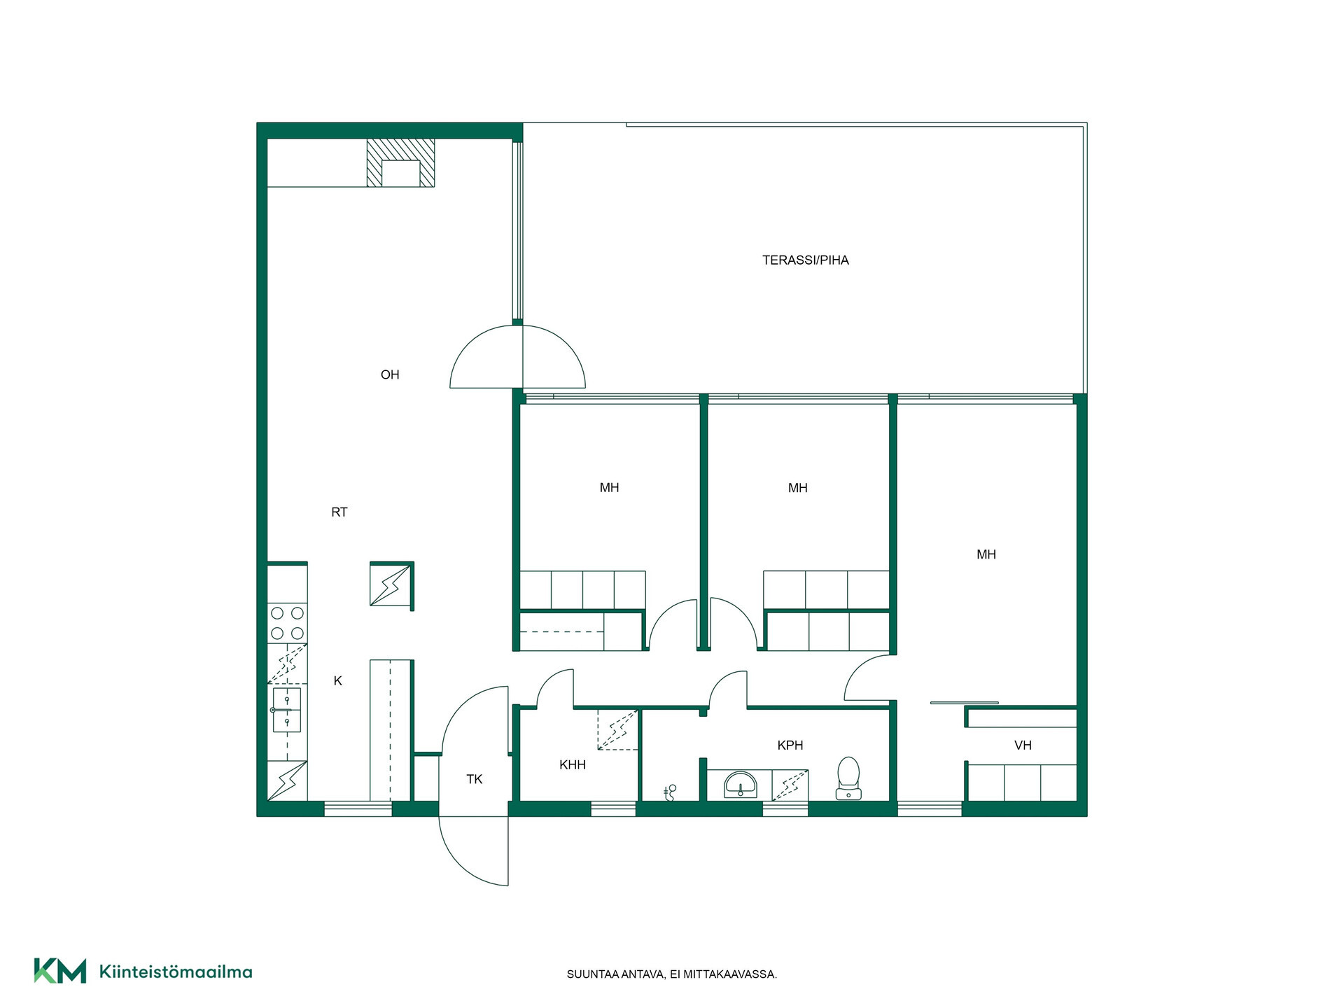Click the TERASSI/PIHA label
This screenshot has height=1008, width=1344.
805,260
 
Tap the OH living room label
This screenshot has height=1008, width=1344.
390,375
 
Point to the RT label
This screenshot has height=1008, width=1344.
339,512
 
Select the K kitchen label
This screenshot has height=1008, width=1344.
337,681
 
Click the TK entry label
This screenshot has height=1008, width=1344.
475,779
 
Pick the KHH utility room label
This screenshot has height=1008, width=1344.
573,765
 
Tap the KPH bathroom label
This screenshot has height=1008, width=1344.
790,745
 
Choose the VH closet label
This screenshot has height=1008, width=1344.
1023,745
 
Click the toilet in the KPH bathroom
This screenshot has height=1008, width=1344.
848,778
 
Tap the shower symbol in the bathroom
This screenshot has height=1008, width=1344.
670,792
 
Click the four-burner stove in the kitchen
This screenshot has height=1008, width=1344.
287,623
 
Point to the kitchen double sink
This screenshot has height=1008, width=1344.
287,710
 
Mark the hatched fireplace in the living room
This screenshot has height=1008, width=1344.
400,163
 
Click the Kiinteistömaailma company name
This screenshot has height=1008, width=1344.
176,972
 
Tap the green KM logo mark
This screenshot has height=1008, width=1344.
60,971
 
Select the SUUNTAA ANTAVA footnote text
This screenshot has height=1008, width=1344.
672,974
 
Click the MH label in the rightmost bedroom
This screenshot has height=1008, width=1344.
986,555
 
